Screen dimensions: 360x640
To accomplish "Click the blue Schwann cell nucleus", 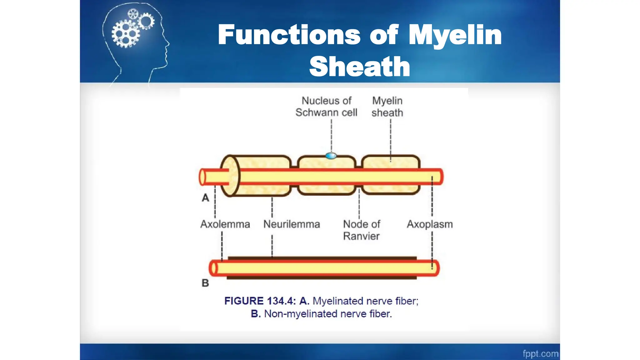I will pos(331,155).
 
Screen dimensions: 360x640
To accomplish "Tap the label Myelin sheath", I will pos(387,107).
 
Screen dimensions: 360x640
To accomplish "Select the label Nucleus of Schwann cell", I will pos(326,107).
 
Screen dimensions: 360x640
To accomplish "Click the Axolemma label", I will pos(225,224).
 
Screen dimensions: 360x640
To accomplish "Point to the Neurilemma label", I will pos(292,224).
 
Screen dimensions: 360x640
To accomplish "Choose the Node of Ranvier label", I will pos(362,230).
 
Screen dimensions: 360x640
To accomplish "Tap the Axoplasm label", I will pos(430,224).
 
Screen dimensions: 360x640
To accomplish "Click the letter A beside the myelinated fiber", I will pos(205,198).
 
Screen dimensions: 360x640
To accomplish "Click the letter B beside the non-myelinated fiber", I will pos(205,283).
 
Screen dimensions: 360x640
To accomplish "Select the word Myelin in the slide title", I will pos(455,35).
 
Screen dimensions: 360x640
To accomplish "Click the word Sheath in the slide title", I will pos(359,67).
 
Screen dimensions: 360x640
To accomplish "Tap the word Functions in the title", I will pos(289,35).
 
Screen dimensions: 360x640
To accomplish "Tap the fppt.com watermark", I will pos(540,353).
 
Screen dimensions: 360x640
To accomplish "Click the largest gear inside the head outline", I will pos(126,34).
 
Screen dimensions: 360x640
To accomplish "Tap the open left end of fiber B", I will pos(213,268).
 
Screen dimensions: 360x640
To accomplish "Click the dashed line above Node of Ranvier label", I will pos(359,205).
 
